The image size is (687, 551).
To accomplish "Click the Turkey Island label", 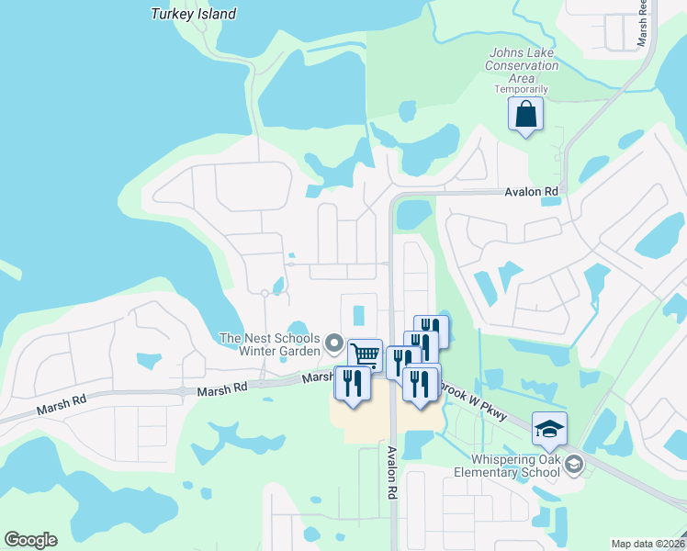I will click(x=193, y=14).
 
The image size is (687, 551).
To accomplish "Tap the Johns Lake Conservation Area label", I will click(x=522, y=65).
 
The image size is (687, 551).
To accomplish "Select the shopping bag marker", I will click(x=525, y=115).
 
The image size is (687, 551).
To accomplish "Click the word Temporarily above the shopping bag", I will click(x=522, y=89).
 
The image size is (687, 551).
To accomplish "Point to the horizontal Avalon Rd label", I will click(x=532, y=192).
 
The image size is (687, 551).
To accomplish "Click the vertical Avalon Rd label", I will click(x=391, y=472).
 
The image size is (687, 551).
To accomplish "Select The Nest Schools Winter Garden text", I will click(x=269, y=344).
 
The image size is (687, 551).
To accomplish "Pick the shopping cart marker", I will click(x=366, y=354).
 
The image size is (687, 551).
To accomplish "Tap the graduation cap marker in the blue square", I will click(x=549, y=429).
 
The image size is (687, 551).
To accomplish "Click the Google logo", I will click(x=30, y=540).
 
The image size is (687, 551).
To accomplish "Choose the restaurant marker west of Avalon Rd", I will click(x=353, y=383).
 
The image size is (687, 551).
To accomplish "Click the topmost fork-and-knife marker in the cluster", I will click(x=432, y=331).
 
